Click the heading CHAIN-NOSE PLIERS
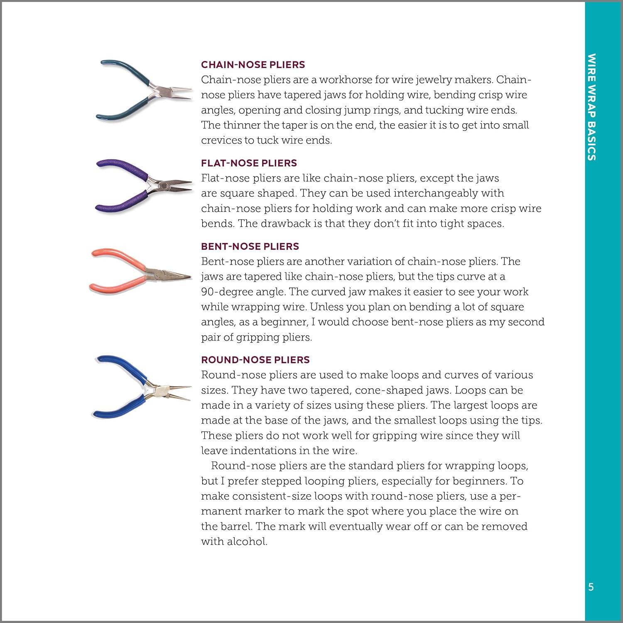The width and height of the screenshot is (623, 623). [x=253, y=65]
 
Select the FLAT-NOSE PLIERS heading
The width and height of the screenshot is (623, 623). [x=249, y=163]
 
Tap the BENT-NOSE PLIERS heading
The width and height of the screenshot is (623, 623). [x=250, y=246]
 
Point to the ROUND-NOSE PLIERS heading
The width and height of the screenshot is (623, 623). [x=255, y=360]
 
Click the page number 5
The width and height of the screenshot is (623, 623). [x=591, y=587]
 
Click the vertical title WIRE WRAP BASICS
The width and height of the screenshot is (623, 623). [x=592, y=106]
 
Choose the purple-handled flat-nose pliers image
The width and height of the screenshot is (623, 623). [x=143, y=185]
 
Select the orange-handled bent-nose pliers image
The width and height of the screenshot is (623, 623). [x=139, y=270]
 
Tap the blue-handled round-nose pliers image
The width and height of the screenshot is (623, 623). [x=139, y=386]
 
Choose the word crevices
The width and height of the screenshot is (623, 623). [x=221, y=140]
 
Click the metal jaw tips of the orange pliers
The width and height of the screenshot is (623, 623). [x=183, y=277]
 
